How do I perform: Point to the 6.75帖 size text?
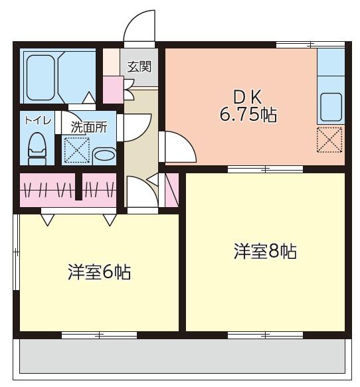pos(248,114)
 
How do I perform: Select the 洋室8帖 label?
pos(264,252)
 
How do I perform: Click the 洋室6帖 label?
pos(98,271)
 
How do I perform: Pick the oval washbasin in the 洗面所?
pos(104,155)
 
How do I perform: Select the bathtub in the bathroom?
pos(41,75)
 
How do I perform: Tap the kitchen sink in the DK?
pos(330,106)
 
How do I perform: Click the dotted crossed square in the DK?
pos(329,139)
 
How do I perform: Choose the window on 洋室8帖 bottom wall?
pos(264,335)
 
